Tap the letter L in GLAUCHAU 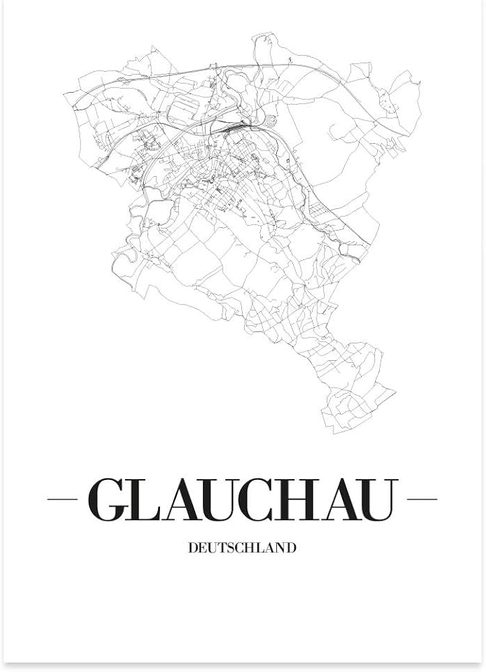(x=146, y=500)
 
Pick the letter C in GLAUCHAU (x=266, y=500)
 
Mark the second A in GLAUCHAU (x=343, y=500)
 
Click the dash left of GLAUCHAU (x=63, y=499)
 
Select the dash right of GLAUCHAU (x=422, y=499)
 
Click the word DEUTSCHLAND (x=243, y=548)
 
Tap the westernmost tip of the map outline (x=64, y=93)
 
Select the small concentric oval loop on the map (x=270, y=121)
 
